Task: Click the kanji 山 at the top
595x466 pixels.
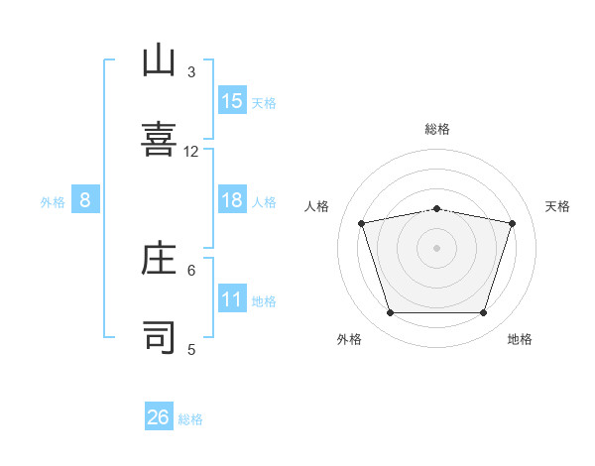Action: [x=160, y=61]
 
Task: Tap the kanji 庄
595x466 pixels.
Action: [x=160, y=258]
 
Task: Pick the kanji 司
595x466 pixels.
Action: [x=160, y=337]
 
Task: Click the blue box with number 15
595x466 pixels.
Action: [x=232, y=101]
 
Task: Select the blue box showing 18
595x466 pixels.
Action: [x=232, y=200]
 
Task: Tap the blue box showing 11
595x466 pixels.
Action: [x=232, y=299]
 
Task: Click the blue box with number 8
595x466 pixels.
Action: [x=85, y=200]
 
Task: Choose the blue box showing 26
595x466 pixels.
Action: [x=159, y=417]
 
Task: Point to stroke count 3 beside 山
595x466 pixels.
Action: [x=191, y=71]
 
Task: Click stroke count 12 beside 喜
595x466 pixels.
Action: [x=191, y=151]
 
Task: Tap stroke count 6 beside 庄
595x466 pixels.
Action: [x=191, y=269]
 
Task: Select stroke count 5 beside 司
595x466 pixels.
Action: [x=191, y=348]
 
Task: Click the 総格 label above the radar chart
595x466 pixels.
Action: [x=437, y=129]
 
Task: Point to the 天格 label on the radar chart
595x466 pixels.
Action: [x=558, y=206]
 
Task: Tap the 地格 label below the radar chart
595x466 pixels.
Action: [x=520, y=339]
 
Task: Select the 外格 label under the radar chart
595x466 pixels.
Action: [x=349, y=339]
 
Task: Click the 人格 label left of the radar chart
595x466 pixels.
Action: [x=316, y=206]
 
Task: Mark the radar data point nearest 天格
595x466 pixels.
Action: [x=513, y=223]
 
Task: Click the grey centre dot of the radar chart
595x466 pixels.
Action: [x=436, y=248]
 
